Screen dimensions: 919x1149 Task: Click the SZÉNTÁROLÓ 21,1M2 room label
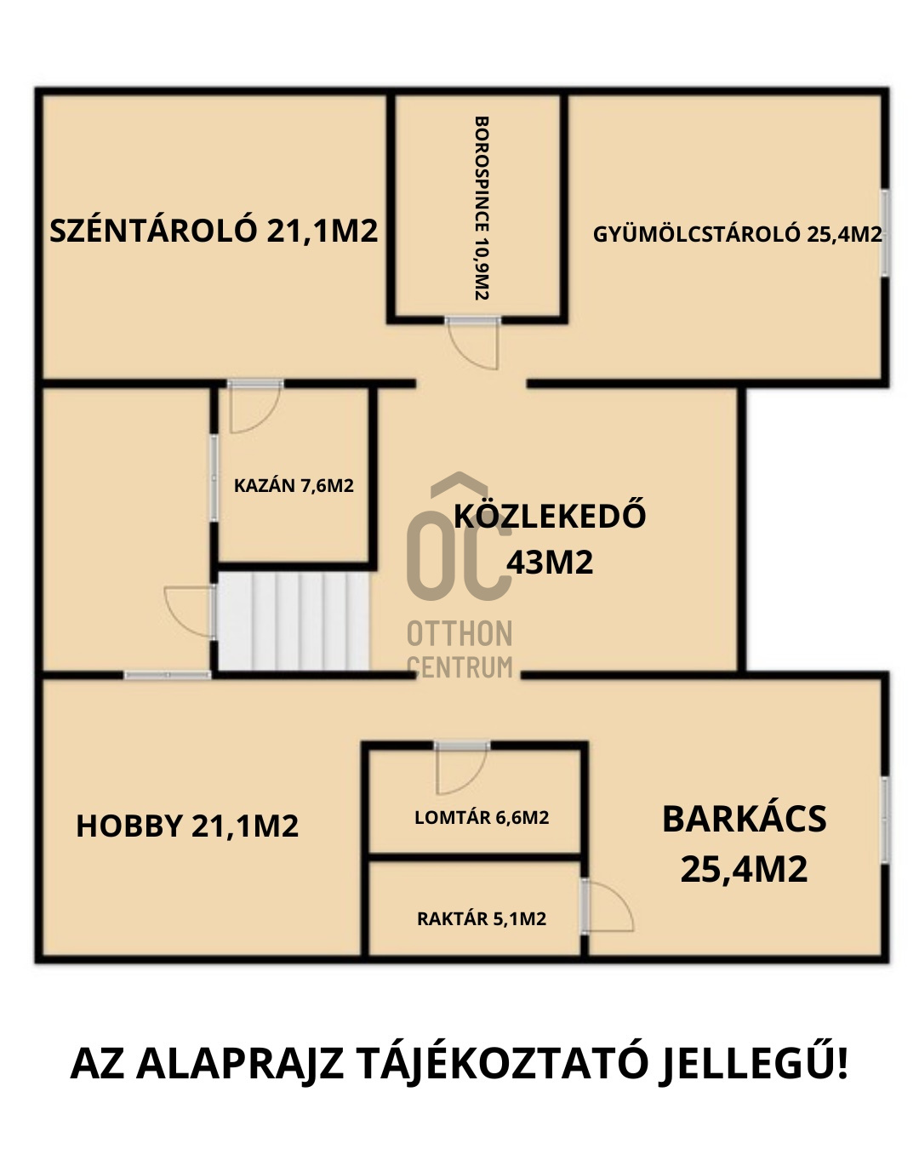point(214,230)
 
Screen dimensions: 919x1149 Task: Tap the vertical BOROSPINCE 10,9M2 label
point(481,208)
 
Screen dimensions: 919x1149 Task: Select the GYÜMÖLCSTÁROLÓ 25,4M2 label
point(737,234)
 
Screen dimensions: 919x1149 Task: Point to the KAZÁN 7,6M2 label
point(294,485)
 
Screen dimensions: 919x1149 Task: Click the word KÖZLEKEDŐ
point(550,515)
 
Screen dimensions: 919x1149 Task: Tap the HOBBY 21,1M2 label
point(187,825)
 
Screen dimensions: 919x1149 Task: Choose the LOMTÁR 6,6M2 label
point(482,817)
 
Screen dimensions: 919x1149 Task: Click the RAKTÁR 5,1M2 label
point(482,918)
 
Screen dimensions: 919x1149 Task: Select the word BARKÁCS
point(744,819)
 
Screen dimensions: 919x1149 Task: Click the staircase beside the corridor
point(293,621)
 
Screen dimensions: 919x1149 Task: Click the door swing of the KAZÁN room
point(254,407)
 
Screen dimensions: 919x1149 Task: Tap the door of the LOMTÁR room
point(461,768)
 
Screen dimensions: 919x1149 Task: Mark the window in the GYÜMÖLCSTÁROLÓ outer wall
point(884,232)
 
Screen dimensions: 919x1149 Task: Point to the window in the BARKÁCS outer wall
point(884,820)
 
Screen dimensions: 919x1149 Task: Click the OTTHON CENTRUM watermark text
point(459,649)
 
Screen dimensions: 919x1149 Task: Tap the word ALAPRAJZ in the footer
point(239,1064)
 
